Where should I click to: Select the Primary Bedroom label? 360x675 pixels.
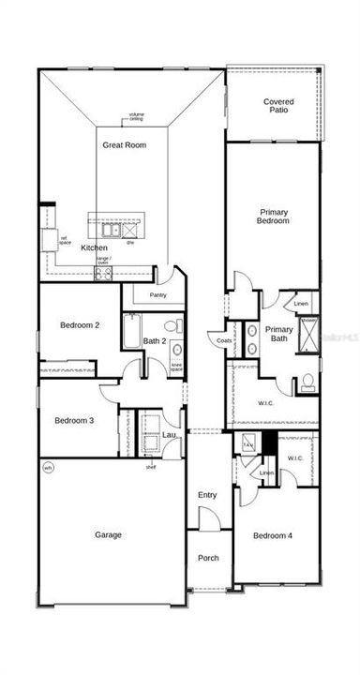273,217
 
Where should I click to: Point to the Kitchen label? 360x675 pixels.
94,247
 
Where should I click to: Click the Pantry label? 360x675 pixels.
157,295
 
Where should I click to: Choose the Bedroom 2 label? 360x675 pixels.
80,325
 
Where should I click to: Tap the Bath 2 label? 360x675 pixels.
155,341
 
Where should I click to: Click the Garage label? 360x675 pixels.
108,535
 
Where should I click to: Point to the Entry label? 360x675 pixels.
207,495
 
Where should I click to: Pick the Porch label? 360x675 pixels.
208,558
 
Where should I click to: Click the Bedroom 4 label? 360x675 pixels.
273,535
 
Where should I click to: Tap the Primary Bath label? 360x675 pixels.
278,334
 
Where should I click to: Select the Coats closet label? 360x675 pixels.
225,341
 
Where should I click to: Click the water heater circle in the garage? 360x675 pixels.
48,467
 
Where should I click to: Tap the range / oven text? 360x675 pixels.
104,261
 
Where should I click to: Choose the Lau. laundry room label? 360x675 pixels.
169,435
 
